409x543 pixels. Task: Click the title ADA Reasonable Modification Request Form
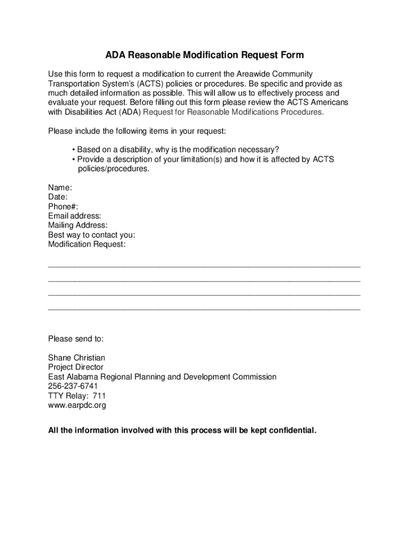[x=204, y=55]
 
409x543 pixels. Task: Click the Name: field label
[x=60, y=188]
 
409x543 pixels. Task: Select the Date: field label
[x=58, y=197]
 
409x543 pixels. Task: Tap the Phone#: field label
[x=63, y=207]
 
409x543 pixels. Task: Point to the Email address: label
[x=74, y=216]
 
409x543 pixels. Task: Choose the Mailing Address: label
[x=78, y=226]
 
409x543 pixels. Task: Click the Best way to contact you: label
[x=91, y=235]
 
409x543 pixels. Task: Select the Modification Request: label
[x=87, y=245]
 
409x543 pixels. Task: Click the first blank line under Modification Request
[x=204, y=265]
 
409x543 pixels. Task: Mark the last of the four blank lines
[x=204, y=308]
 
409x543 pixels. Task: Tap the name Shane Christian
[x=76, y=358]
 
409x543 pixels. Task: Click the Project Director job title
[x=75, y=367]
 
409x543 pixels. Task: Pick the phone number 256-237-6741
[x=73, y=387]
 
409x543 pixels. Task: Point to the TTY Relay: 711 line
[x=73, y=396]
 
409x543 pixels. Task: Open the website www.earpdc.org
[x=77, y=406]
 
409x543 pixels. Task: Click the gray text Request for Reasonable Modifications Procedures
[x=233, y=112]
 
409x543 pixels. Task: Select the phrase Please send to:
[x=76, y=339]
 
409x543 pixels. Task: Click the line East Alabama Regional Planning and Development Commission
[x=162, y=377]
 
